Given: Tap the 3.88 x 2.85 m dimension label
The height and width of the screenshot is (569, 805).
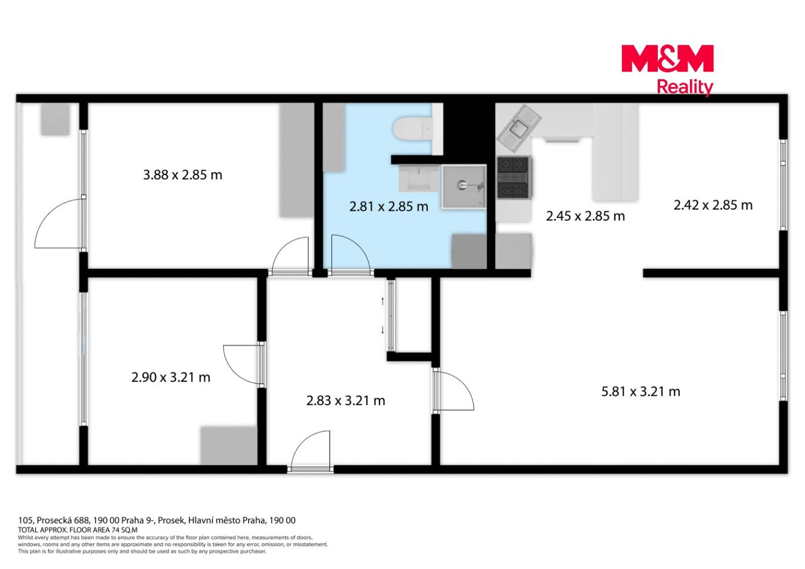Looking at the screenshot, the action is point(182,175).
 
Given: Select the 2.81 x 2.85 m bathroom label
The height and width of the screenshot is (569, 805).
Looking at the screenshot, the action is point(388,207).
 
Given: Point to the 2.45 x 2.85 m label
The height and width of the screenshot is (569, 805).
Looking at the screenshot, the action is point(586,216).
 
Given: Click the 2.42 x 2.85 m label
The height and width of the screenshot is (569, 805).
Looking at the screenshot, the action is point(713,205).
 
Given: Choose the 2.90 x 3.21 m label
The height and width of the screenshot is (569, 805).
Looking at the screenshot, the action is point(171,378).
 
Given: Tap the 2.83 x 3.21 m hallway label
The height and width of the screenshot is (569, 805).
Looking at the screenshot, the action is point(346,400).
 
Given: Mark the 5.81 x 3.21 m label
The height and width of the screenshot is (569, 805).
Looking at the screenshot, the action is point(641,392).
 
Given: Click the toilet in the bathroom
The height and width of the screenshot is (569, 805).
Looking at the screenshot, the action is point(413,128).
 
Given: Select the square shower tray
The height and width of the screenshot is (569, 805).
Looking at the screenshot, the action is point(464,186).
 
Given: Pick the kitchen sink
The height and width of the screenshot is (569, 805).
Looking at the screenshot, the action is point(519,128).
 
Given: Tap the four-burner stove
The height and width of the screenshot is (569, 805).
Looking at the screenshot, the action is point(514,178).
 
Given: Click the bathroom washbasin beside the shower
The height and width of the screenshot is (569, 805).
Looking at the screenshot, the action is point(420,179).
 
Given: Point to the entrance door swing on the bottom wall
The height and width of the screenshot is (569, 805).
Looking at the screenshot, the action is point(310,450).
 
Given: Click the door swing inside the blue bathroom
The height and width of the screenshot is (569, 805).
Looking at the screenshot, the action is point(350,254).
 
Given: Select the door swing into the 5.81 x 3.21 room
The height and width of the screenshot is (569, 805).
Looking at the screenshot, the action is point(454,391).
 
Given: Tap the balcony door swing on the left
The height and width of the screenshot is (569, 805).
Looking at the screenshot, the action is point(59,223).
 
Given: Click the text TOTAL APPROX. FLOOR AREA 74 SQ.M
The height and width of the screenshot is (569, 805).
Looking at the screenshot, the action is point(77,530).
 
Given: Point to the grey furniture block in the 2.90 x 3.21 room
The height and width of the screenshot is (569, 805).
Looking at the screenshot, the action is point(229,446).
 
